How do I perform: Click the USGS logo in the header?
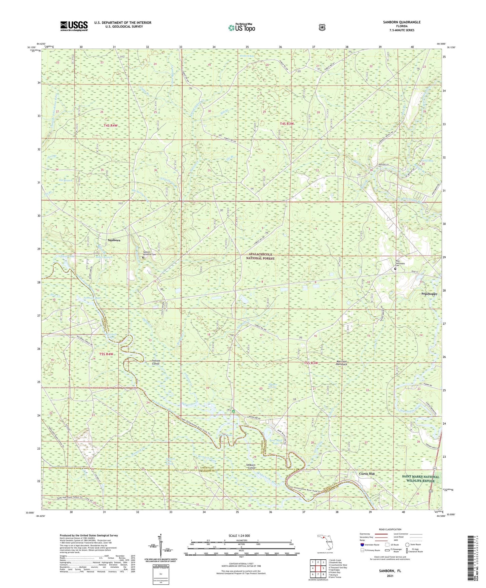pyautogui.click(x=74, y=26)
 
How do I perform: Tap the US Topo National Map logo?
pyautogui.click(x=241, y=28)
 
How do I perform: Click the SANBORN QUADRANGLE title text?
pyautogui.click(x=402, y=22)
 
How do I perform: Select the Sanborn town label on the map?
pyautogui.click(x=114, y=240)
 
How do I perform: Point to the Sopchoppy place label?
pyautogui.click(x=429, y=294)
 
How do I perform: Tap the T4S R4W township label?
pyautogui.click(x=111, y=125)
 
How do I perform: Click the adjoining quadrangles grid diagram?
pyautogui.click(x=317, y=569)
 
